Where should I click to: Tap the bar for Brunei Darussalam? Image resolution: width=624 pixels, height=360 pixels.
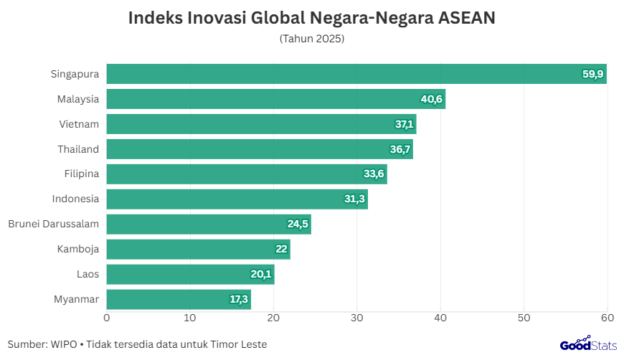point(208,224)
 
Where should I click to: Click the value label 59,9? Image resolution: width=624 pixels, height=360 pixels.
point(592,74)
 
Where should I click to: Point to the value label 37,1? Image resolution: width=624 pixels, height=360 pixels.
point(405,124)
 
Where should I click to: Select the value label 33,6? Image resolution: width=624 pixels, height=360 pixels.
point(374,174)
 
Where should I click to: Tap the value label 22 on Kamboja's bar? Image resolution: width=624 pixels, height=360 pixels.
point(281,249)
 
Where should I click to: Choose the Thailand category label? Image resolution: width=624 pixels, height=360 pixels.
point(78,149)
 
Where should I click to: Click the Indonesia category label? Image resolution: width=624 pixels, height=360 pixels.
point(75,199)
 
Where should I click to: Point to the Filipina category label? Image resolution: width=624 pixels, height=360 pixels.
point(81,174)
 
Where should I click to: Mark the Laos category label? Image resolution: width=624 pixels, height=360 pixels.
point(88,274)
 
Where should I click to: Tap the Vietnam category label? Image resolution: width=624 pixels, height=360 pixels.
point(79,124)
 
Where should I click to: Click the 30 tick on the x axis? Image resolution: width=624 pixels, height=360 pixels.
point(357,318)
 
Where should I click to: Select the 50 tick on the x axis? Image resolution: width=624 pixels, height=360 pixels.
point(524,318)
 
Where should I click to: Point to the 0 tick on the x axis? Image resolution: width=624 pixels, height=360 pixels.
point(107,318)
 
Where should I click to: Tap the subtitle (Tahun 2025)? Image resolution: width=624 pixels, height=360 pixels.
point(312,39)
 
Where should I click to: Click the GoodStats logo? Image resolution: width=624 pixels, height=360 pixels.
point(588,344)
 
